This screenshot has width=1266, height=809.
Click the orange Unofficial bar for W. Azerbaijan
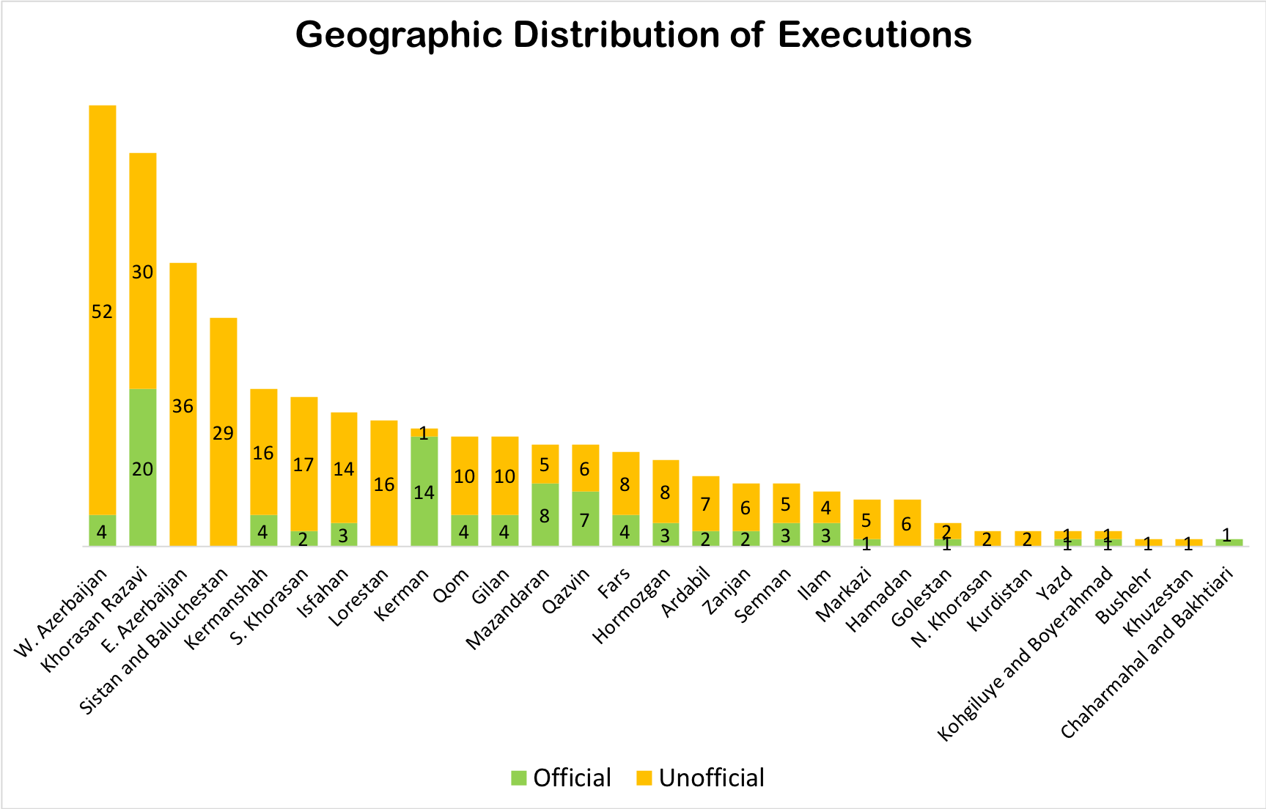(x=103, y=310)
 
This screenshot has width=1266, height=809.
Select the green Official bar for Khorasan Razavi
(x=143, y=468)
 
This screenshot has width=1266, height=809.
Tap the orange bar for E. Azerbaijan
(x=183, y=404)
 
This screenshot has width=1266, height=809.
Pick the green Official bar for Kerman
(x=424, y=491)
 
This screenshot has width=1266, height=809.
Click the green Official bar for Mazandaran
(x=545, y=515)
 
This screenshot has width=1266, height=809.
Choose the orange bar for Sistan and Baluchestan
(x=224, y=432)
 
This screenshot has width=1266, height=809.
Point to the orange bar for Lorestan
(x=384, y=484)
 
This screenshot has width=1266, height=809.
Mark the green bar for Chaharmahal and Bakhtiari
(x=1229, y=543)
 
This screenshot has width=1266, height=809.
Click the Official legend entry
(x=562, y=777)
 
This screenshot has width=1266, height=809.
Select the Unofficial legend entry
(x=700, y=777)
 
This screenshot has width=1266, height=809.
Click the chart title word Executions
(x=875, y=34)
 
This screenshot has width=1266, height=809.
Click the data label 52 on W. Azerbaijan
(x=103, y=312)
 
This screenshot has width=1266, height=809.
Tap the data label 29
(x=224, y=433)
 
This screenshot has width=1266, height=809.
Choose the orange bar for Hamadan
(x=907, y=523)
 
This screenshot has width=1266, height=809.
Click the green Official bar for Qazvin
(x=585, y=519)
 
